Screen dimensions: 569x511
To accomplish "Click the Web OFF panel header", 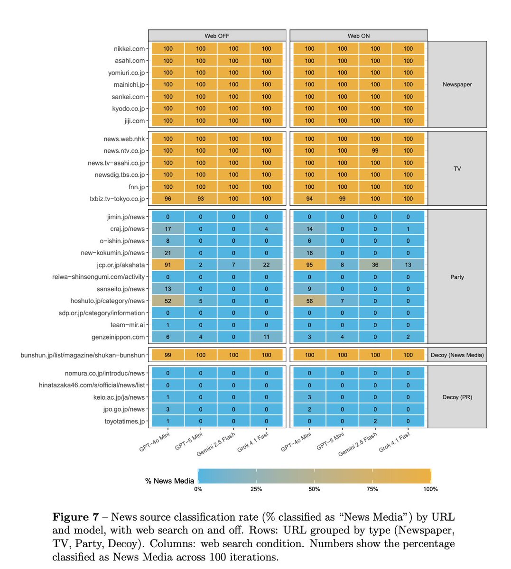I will coord(217,36).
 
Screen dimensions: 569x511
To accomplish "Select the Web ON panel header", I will coord(359,36).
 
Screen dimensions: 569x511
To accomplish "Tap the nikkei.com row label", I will coord(129,49).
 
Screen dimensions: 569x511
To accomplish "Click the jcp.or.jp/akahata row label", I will coord(121,265).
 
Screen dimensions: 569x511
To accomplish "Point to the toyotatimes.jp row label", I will coord(124,421).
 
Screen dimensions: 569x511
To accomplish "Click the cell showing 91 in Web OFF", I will coord(168,265).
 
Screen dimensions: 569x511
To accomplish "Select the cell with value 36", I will coord(375,265).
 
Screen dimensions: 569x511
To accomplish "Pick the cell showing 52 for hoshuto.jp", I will coord(168,301).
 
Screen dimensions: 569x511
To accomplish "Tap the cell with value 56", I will coord(309,301).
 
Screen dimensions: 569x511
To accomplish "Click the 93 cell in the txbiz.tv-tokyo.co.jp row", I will coord(201,199).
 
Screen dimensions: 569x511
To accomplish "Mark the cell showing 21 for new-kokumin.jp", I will coord(168,253).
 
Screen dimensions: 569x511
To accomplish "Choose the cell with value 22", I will coord(267,265).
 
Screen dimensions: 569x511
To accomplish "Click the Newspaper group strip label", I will coord(457,84).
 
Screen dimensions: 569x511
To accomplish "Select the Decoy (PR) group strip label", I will coord(457,397).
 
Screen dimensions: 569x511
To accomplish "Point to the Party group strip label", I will coord(457,277).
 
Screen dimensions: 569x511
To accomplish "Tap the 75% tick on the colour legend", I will coord(372,489).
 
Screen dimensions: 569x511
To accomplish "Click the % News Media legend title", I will coord(169,481).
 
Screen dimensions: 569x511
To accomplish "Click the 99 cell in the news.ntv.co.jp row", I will coord(375,151).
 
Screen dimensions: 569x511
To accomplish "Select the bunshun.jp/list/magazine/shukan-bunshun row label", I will coord(83,355).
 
